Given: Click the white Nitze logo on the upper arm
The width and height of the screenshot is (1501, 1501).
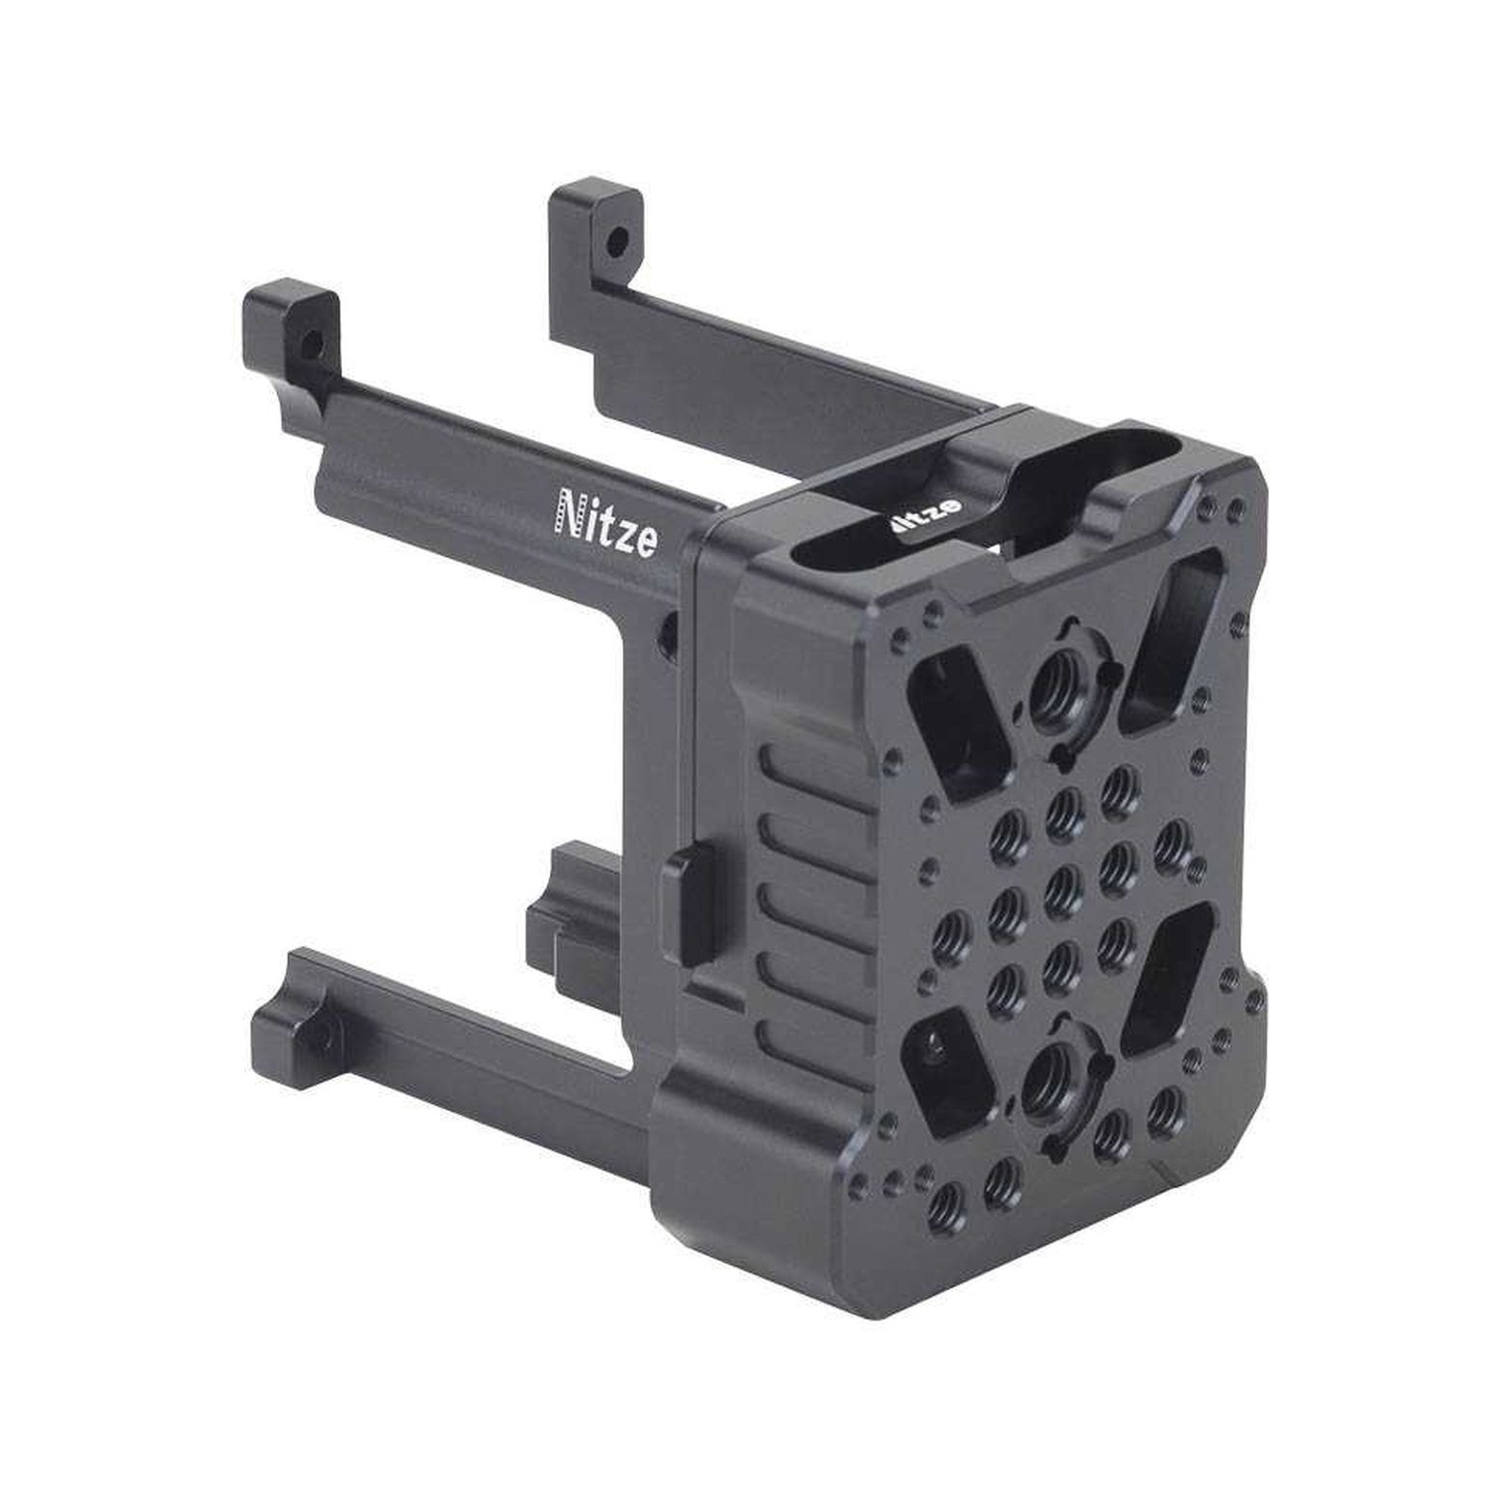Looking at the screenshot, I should (604, 524).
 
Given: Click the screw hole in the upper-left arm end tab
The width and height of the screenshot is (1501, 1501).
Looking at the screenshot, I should (311, 343).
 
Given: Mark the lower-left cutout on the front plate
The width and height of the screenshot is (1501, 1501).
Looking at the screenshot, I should (947, 1070).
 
